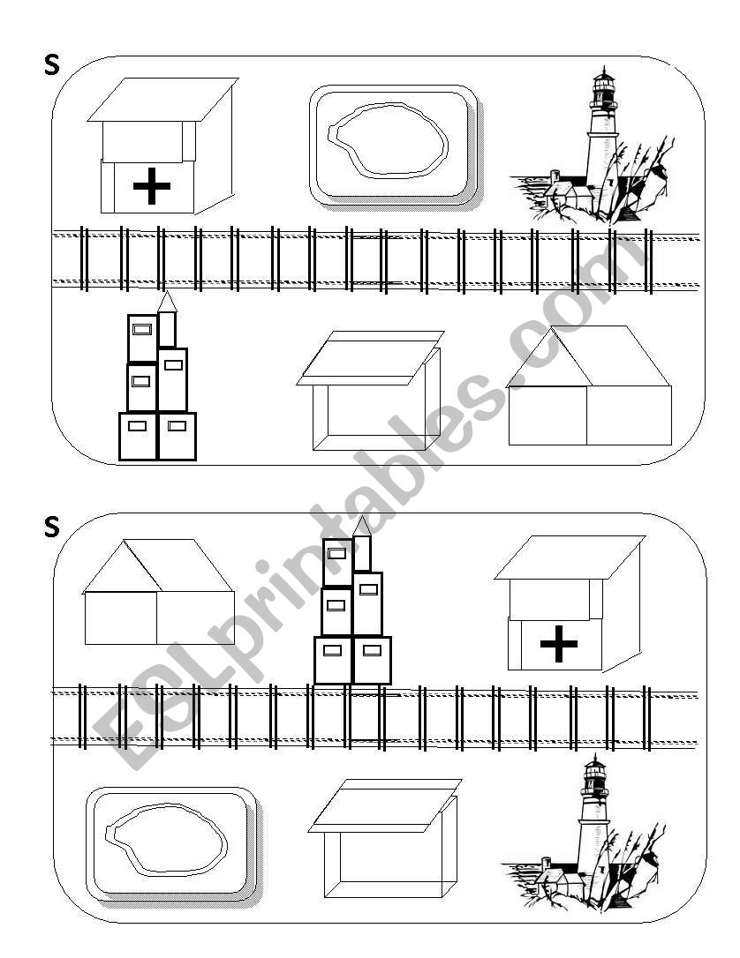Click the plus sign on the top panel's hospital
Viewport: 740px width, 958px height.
pos(151,186)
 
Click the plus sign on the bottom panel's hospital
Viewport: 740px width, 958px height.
pos(559,643)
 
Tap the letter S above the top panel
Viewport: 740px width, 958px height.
pos(52,65)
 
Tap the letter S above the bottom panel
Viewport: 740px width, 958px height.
pos(52,527)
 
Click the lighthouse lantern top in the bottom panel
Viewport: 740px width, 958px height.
pos(593,775)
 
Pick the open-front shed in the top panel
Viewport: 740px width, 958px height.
pos(371,391)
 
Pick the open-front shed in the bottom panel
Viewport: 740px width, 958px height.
pos(384,838)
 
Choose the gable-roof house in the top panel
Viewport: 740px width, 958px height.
pos(590,385)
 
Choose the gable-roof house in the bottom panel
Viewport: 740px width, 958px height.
pos(159,592)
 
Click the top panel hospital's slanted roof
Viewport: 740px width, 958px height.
pos(162,100)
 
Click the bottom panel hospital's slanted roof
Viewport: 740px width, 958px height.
pos(570,558)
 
